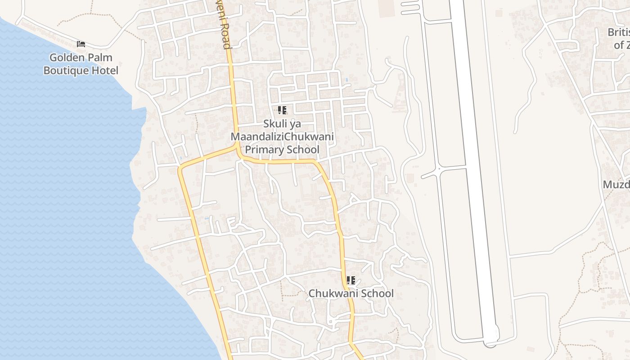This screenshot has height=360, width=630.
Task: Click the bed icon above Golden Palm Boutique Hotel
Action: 81,44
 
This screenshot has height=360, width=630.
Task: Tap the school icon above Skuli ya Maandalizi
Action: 282,110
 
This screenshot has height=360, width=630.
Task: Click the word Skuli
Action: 276,124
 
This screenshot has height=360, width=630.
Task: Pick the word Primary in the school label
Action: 263,150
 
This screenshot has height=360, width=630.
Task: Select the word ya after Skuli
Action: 295,124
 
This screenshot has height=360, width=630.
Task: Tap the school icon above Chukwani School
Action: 351,280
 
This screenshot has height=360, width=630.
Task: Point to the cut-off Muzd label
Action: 616,185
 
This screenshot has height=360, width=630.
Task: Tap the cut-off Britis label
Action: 618,32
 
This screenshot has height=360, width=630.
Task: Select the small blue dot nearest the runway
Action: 347,80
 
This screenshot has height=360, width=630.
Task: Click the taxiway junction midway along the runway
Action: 437,169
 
